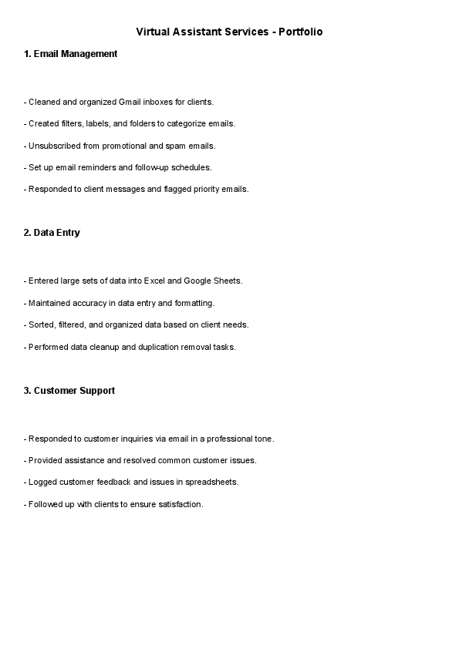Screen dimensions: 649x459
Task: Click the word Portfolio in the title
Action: pos(302,32)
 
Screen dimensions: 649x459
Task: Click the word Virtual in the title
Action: pos(152,32)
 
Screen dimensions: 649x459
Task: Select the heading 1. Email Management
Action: pos(70,54)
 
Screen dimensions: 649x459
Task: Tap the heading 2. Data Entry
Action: pos(52,233)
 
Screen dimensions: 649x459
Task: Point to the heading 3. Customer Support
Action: pos(69,391)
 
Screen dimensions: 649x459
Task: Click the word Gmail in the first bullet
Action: pos(130,102)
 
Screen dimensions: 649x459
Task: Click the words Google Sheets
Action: pos(213,281)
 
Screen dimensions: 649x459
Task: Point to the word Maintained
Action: pos(50,303)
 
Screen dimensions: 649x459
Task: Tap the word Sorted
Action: pos(41,324)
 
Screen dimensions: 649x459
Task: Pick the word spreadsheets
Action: pos(211,482)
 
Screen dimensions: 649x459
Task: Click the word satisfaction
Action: pos(179,504)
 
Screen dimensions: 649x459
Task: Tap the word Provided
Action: pos(45,460)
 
